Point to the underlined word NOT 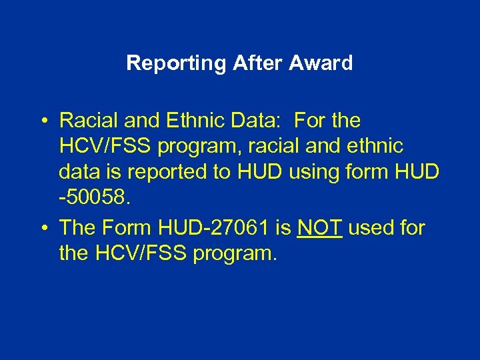click(x=320, y=227)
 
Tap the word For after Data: click(x=311, y=121)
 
